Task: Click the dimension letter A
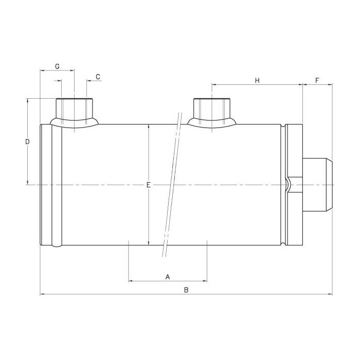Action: coord(167,277)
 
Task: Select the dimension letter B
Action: coord(186,290)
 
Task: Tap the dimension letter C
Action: coord(98,77)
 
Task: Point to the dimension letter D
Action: coord(28,141)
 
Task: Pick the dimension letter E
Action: coord(148,185)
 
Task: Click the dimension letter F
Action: coord(317,81)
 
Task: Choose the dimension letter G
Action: coord(57,67)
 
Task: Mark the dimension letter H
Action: coord(258,80)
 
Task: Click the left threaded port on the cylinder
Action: coord(74,108)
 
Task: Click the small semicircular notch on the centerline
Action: coord(286,185)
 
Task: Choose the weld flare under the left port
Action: coord(75,123)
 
